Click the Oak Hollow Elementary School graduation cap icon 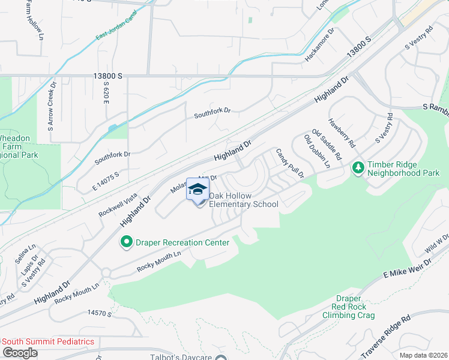(197, 190)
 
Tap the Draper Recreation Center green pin (127, 242)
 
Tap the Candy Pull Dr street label (290, 164)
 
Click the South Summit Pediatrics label (49, 341)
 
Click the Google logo (20, 353)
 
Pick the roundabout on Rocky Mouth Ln (106, 273)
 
